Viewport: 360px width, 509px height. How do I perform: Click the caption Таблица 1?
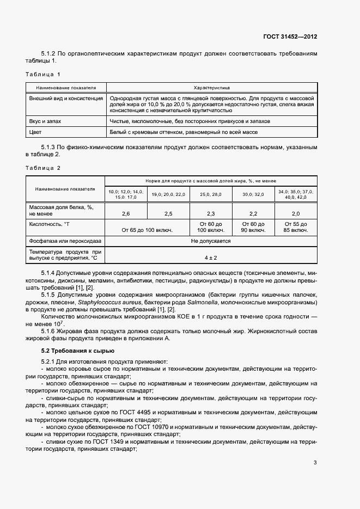coord(44,73)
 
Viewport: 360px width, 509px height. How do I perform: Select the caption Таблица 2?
coord(44,168)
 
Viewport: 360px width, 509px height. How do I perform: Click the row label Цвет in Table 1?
coord(35,132)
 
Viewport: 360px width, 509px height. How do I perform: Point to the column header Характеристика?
coord(211,87)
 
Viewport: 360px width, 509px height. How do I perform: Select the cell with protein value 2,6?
coord(126,213)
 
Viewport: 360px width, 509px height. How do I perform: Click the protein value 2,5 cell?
coord(168,213)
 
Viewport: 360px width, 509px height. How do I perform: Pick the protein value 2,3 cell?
coord(211,213)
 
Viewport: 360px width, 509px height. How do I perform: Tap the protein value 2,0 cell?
coord(296,213)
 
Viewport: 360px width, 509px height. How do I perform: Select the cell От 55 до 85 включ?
coord(296,227)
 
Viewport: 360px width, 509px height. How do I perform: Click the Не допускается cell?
coord(211,241)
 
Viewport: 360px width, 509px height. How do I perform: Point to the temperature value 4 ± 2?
coord(211,256)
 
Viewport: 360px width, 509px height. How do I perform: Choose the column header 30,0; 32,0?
coord(253,194)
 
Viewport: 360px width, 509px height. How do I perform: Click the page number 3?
coord(315,463)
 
